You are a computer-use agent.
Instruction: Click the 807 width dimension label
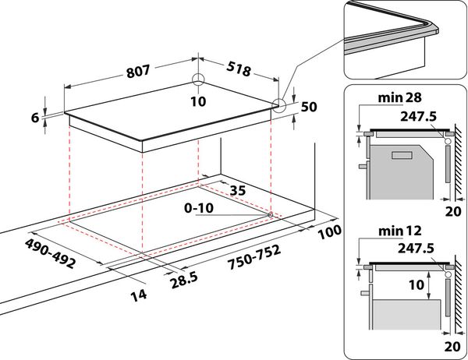click(137, 72)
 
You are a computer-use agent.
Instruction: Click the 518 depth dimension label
click(238, 69)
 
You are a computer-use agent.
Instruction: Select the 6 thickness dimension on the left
click(35, 118)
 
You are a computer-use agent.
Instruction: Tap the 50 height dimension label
click(309, 107)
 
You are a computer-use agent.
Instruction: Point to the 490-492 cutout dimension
click(50, 253)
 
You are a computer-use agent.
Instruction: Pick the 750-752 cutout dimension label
click(254, 257)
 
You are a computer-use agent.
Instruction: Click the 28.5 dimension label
click(184, 281)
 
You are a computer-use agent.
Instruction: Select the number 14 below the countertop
click(139, 295)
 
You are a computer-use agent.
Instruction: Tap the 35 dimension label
click(238, 190)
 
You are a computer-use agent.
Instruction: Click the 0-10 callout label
click(199, 208)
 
